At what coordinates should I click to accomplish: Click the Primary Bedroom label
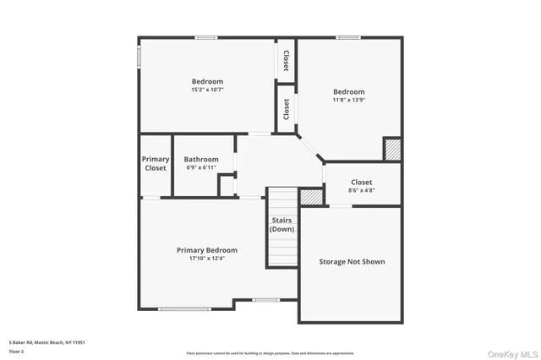pos(206,250)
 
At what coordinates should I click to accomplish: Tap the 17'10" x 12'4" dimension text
pos(206,259)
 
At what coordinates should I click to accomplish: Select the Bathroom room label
pos(201,159)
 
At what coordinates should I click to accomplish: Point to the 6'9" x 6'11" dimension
pos(201,167)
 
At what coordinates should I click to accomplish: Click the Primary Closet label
pos(156,163)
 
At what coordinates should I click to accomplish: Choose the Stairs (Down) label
pos(282,225)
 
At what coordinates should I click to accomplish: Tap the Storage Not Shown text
pos(352,262)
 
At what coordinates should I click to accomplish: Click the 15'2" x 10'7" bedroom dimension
pos(207,89)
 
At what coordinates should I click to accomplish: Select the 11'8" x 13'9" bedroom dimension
pos(348,100)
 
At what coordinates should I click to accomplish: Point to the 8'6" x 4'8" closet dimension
pos(361,190)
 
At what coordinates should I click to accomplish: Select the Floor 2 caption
pos(15,350)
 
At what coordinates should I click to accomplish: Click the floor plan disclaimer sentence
pos(270,352)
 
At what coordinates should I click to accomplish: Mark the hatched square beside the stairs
pos(311,196)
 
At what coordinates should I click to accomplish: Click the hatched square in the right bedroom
pos(391,150)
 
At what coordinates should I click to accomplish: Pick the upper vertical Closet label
pos(286,60)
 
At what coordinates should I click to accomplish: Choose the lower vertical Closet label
pos(286,109)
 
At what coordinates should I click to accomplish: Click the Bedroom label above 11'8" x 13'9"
pos(348,91)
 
